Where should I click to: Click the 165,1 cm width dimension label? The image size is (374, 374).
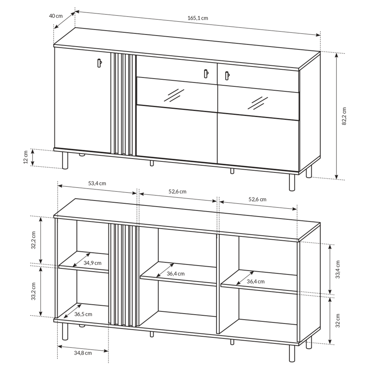coord(198,18)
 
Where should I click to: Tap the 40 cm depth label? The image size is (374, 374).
coord(56,16)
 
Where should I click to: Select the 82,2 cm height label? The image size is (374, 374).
coord(344,116)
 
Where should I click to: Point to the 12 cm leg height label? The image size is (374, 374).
coord(26,157)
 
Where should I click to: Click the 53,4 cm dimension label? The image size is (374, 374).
coord(97,183)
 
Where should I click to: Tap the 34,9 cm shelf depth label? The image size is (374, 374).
coord(92,263)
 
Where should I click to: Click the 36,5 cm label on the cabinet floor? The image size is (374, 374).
coord(83,314)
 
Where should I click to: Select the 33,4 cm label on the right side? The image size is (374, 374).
coord(338,269)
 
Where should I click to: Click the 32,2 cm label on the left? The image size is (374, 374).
coord(34,240)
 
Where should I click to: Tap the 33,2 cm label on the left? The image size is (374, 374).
coord(34,291)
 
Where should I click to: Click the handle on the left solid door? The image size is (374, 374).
coord(99,63)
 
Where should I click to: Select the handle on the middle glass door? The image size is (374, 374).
coord(206,74)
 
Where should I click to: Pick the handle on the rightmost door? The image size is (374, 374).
coord(227,75)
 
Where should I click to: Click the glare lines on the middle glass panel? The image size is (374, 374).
coord(174,95)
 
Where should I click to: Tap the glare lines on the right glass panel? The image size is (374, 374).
coord(258,103)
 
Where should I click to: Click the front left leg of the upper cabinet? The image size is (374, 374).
coord(65,160)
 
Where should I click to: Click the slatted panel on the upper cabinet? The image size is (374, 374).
coord(123,104)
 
